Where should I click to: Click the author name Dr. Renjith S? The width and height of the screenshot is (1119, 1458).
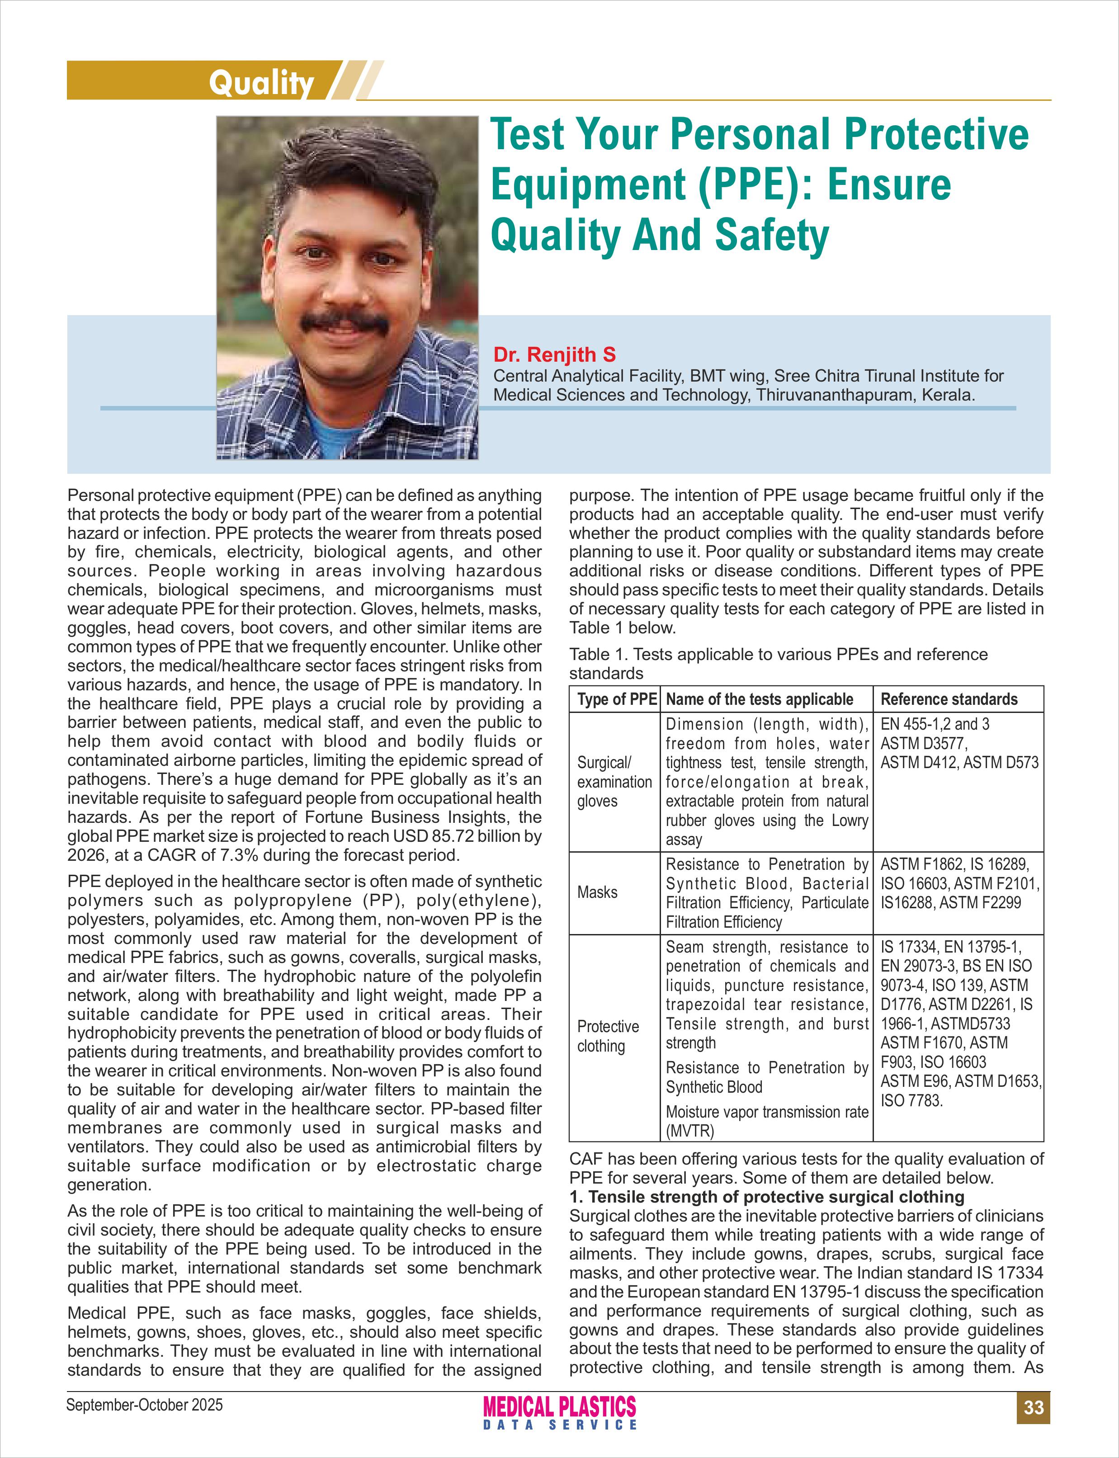click(554, 354)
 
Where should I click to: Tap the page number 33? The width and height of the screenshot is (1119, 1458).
click(1033, 1407)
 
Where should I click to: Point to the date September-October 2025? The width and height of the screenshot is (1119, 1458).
click(145, 1405)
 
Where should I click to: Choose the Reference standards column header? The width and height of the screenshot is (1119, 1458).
click(949, 698)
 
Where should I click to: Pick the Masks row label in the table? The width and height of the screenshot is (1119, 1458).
click(597, 892)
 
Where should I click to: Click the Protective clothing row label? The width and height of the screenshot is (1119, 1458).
click(608, 1036)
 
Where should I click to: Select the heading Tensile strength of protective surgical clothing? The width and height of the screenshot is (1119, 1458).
click(776, 1197)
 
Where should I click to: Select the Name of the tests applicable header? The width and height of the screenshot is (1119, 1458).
click(759, 698)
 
